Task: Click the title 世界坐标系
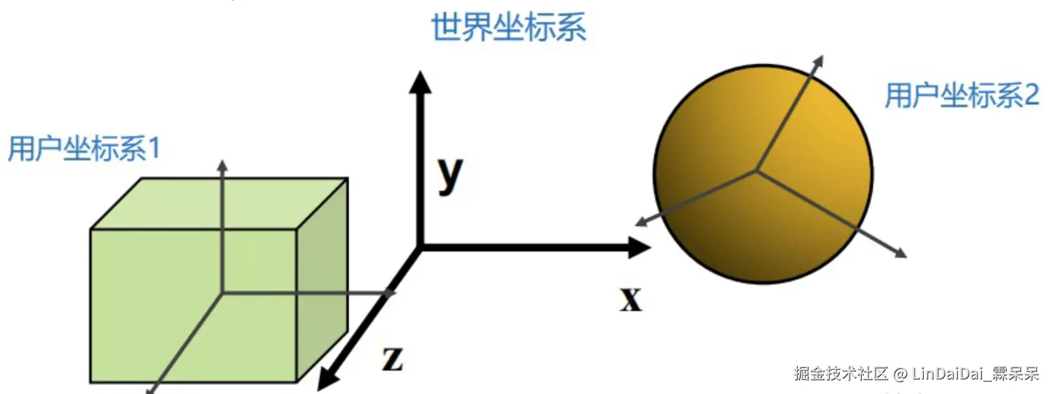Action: [508, 28]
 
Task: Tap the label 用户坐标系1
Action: [84, 149]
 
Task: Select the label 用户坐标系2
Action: [961, 96]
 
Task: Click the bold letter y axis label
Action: [450, 174]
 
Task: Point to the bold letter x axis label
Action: [631, 299]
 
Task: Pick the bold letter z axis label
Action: [393, 359]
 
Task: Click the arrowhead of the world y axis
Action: [419, 81]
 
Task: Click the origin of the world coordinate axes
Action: [420, 248]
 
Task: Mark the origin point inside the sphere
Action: [756, 170]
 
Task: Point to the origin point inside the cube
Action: [222, 292]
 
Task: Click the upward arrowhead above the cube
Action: [222, 165]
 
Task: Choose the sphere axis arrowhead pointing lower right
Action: [901, 253]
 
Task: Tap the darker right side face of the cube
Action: [322, 279]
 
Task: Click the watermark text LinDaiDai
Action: [948, 374]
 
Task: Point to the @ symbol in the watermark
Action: [900, 374]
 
